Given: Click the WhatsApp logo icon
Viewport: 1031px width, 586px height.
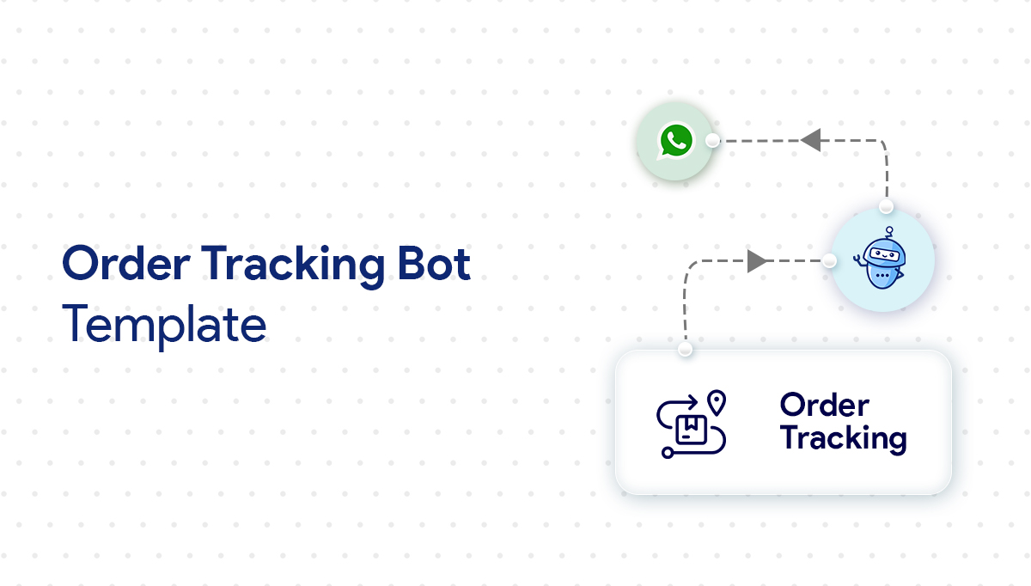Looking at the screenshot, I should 675,141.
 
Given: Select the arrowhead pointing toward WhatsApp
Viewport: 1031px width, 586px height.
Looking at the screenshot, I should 810,140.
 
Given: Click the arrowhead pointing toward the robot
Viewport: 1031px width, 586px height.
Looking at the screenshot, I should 757,260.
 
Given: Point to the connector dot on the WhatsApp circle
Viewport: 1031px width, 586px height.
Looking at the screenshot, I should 712,140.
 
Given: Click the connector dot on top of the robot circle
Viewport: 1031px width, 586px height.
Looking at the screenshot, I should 886,206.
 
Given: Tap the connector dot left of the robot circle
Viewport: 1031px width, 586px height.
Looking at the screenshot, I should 829,260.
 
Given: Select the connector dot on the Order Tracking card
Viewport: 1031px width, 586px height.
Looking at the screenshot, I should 685,350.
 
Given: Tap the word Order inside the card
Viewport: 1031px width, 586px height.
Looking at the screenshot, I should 824,405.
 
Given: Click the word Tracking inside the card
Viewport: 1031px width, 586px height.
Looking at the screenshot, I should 843,439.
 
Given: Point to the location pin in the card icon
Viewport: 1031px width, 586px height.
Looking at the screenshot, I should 716,402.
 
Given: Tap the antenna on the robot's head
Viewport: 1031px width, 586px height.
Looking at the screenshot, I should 891,230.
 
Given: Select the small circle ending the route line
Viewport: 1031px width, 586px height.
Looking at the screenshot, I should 667,451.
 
